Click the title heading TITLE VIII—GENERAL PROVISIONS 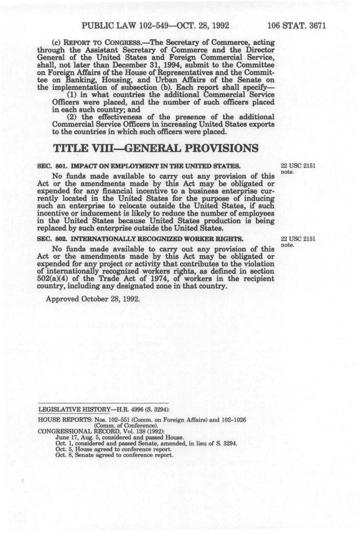156,148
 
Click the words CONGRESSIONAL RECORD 72,431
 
